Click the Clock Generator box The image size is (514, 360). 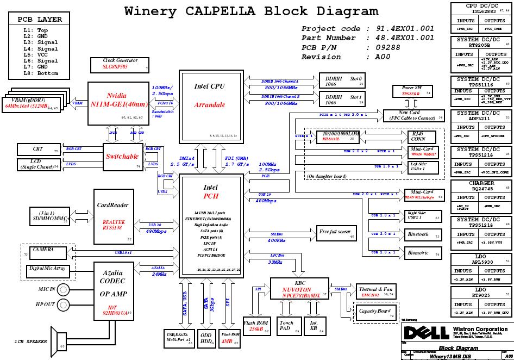coord(121,65)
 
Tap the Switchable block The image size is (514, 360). coord(122,157)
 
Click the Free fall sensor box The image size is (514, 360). coord(337,233)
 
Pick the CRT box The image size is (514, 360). coord(39,150)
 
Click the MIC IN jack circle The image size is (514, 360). coord(64,289)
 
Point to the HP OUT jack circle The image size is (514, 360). coord(64,304)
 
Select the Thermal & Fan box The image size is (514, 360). coord(376,291)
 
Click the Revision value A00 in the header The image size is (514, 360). coord(382,57)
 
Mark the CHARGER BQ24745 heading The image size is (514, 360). coord(481,187)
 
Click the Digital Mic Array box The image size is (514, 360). coord(48,269)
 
